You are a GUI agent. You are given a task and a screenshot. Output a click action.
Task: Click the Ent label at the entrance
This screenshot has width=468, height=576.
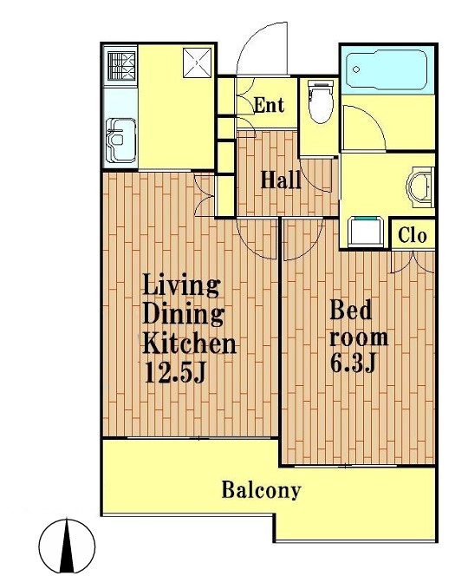pyautogui.click(x=269, y=105)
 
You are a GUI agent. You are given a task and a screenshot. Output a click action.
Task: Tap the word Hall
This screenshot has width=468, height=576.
pyautogui.click(x=281, y=180)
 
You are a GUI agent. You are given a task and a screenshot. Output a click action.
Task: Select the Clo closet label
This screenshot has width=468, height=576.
pyautogui.click(x=413, y=235)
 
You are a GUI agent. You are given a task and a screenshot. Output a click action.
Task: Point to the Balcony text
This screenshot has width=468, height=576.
pyautogui.click(x=261, y=489)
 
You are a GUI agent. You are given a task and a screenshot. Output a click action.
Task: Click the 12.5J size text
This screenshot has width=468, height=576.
pyautogui.click(x=175, y=372)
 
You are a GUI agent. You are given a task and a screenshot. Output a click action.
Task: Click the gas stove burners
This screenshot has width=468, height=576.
pyautogui.click(x=121, y=66)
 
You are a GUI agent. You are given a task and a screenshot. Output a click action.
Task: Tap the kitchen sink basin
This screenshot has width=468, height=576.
pyautogui.click(x=120, y=141)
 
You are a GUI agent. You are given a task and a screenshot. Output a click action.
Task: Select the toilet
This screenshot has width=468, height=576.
pyautogui.click(x=322, y=101)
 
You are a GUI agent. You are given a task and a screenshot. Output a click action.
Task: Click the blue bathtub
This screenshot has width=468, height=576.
pyautogui.click(x=387, y=70)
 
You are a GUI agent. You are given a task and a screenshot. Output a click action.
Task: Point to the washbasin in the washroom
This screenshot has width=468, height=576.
pyautogui.click(x=420, y=185)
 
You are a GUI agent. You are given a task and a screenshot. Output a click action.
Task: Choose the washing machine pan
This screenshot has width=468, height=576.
pyautogui.click(x=365, y=232)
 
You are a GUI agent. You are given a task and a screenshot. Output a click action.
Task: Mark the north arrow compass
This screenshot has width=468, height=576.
pyautogui.click(x=67, y=546)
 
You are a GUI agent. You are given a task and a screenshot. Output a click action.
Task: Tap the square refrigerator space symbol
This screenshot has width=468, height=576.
pyautogui.click(x=198, y=62)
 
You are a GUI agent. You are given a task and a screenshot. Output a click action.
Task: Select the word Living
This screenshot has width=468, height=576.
pyautogui.click(x=181, y=285)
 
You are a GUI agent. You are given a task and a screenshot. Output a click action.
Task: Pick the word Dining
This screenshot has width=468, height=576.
pyautogui.click(x=183, y=314)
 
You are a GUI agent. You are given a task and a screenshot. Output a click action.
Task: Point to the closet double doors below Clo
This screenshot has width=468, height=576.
pyautogui.click(x=413, y=262)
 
